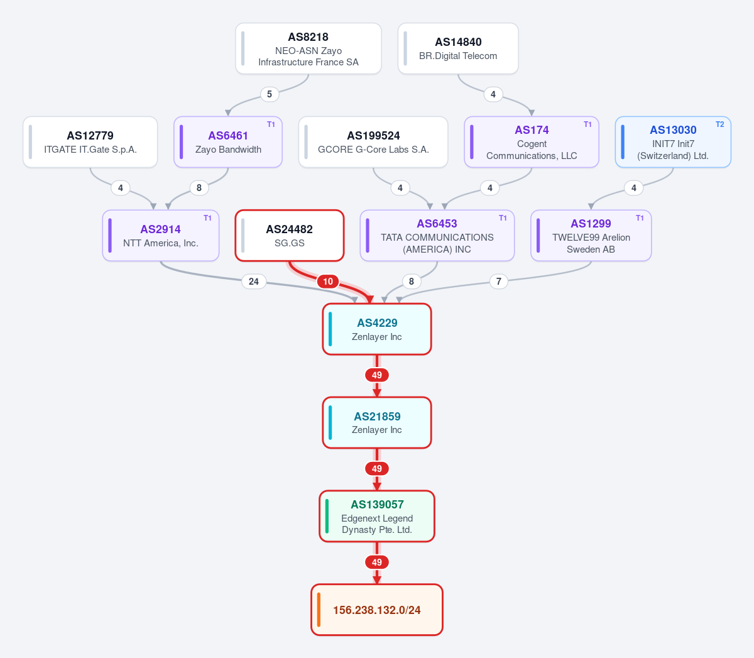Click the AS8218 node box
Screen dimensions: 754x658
coord(309,48)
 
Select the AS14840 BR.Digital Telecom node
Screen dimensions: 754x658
coord(458,48)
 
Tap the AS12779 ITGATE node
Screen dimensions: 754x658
coord(90,142)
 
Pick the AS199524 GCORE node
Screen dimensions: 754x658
coord(373,142)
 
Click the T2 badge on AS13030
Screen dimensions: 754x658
coord(719,124)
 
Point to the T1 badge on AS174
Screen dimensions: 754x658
coord(587,124)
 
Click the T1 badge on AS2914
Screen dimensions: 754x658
coord(207,218)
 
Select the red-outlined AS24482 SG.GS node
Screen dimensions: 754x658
coord(290,236)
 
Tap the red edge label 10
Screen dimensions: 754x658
coord(328,282)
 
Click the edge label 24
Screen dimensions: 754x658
coord(254,282)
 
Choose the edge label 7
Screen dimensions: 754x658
coord(499,282)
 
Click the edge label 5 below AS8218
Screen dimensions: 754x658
coord(270,94)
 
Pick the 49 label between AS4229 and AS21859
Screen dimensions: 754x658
coord(376,375)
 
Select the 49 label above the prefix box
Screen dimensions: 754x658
coord(376,562)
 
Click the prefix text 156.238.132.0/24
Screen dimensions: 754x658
coord(376,610)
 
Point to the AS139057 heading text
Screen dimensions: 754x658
coord(377,504)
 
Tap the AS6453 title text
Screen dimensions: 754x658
coord(437,223)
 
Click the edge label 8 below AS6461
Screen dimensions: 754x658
coord(199,188)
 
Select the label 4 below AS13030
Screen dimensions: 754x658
coord(634,188)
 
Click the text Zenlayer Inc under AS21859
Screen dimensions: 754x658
coord(376,430)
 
